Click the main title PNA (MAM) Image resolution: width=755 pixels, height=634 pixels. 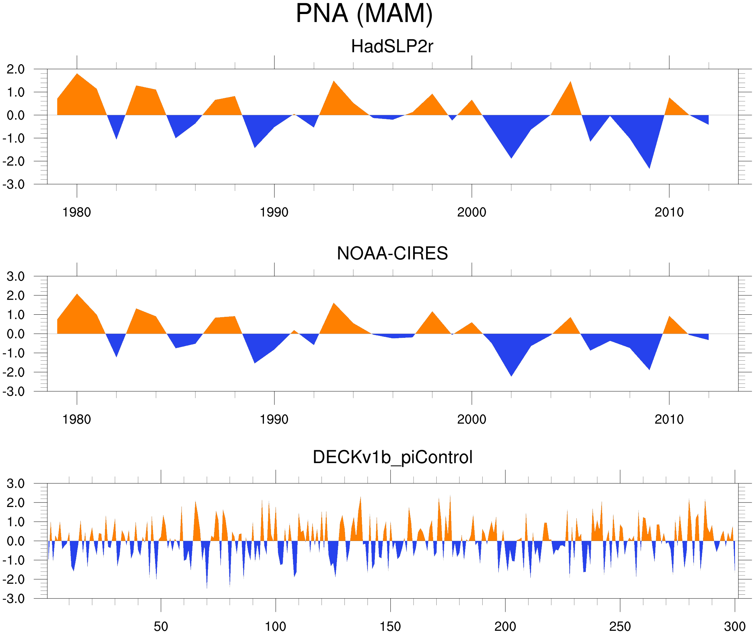pos(364,14)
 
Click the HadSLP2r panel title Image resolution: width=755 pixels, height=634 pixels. pos(392,46)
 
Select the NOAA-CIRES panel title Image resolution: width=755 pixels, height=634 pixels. pos(392,253)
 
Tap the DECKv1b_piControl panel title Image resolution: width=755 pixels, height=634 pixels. pos(392,457)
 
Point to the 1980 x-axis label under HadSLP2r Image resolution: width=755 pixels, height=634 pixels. pos(77,212)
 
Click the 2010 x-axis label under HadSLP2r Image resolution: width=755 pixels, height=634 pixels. pos(669,212)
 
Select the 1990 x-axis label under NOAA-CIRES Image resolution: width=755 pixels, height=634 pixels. pos(274,419)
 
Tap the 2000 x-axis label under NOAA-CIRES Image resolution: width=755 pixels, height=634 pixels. pos(471,419)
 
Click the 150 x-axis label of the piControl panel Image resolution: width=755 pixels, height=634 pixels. pos(390,626)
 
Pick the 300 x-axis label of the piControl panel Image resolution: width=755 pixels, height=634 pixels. pos(735,626)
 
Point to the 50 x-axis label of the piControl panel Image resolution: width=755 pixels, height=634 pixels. pos(161,626)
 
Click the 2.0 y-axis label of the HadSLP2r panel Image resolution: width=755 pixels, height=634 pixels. pos(15,69)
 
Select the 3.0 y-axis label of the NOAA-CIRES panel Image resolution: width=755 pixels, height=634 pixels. pos(15,276)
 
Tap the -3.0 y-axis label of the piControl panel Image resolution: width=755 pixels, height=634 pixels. pos(14,599)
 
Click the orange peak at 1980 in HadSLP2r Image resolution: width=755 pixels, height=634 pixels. pos(77,77)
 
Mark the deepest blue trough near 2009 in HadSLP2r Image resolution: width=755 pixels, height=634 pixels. pos(649,163)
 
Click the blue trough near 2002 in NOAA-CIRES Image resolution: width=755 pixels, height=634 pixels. pos(511,372)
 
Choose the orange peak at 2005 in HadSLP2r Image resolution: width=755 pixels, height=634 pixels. pos(571,86)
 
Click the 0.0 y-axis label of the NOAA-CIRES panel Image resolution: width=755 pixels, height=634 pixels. pos(15,334)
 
